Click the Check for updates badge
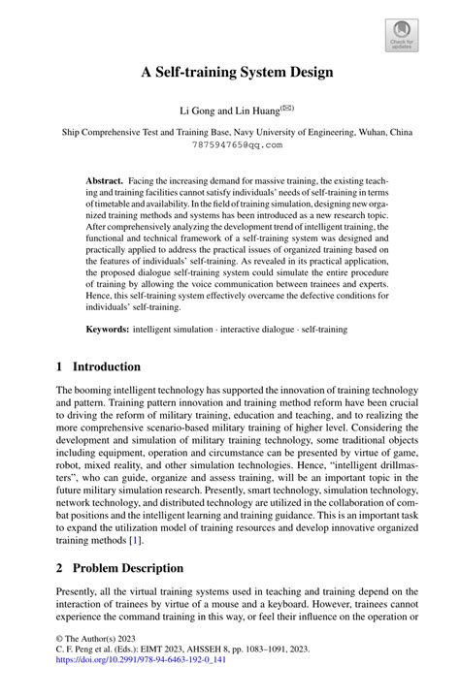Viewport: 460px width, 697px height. pos(402,38)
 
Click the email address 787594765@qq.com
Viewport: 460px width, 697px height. pos(230,144)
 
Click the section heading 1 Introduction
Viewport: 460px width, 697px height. pos(99,366)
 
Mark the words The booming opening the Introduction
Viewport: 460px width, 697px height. pos(86,391)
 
